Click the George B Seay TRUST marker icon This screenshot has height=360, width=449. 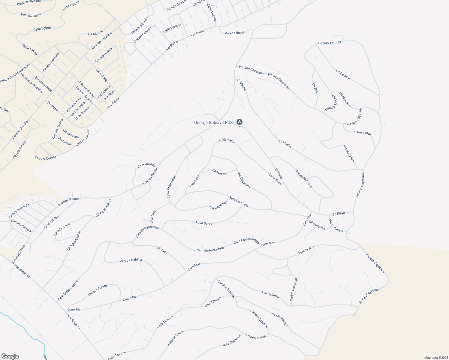(x=240, y=122)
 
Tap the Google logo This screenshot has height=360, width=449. (x=10, y=356)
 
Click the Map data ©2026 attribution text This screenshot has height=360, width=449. (x=436, y=358)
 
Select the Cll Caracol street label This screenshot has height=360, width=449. (x=343, y=75)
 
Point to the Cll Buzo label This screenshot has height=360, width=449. (x=315, y=89)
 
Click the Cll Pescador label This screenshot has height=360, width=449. (x=361, y=132)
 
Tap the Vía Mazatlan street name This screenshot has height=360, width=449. (x=349, y=153)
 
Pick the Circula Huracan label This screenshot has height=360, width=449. (x=303, y=178)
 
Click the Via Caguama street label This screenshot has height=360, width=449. (x=244, y=180)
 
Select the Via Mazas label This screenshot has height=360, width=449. (x=218, y=172)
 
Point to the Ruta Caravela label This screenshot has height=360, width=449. (x=239, y=201)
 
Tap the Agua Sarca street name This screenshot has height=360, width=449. (x=204, y=223)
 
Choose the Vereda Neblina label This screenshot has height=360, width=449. (x=131, y=260)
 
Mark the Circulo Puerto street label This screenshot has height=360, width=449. (x=98, y=290)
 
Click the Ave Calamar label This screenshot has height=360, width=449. (x=270, y=294)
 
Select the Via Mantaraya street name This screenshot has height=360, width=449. (x=279, y=319)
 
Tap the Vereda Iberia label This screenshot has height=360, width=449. (x=235, y=33)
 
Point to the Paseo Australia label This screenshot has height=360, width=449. (x=51, y=62)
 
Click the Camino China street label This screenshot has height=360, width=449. (x=31, y=15)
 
